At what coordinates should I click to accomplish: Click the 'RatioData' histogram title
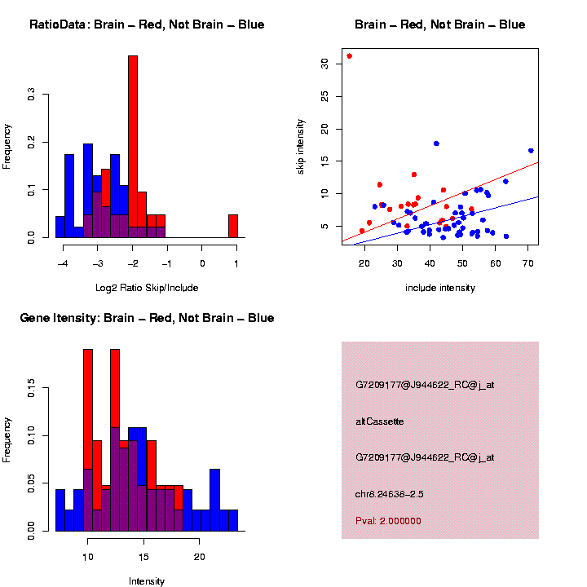tap(147, 24)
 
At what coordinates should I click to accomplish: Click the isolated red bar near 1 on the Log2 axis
tap(233, 226)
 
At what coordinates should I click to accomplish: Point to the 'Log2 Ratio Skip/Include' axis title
tap(147, 287)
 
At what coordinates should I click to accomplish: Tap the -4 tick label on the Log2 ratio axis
tap(62, 263)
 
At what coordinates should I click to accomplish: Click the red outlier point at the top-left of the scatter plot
tap(349, 56)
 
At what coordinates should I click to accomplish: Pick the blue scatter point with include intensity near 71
tap(531, 151)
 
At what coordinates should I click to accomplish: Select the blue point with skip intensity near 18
tap(436, 143)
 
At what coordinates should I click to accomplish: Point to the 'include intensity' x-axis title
tap(440, 287)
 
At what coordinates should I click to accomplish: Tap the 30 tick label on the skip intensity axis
tap(324, 63)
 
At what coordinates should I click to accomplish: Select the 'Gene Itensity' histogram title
tap(147, 318)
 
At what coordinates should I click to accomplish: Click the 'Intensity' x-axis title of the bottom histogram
tap(147, 581)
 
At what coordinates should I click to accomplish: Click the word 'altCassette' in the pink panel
tap(380, 421)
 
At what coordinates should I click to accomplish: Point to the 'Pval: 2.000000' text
tap(388, 520)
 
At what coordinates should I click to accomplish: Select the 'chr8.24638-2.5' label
tap(390, 494)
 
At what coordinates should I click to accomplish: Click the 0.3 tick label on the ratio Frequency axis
tap(31, 95)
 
